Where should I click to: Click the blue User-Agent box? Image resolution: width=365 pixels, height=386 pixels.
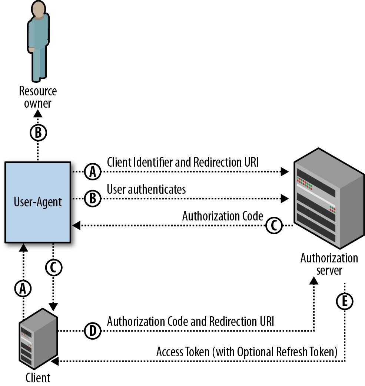coord(38,202)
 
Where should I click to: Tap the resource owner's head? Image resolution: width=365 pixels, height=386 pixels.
coord(38,9)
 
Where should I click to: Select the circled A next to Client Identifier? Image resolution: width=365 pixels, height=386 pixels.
coord(93,171)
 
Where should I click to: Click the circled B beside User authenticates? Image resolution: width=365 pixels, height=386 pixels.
coord(93,199)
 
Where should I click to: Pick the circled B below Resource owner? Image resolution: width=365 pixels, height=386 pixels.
coord(38,133)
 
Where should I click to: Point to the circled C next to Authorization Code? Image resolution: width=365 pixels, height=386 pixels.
coord(274,225)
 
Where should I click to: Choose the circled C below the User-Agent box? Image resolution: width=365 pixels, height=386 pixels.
coord(54,268)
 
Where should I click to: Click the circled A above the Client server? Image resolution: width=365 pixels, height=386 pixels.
coord(23,288)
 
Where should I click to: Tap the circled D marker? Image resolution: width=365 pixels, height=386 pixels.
coord(93,331)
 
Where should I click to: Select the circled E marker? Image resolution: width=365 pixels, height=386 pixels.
coord(345,301)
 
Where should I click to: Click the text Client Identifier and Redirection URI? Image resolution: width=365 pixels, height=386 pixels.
coord(183,162)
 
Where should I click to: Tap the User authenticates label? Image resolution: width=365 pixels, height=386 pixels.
coord(146,189)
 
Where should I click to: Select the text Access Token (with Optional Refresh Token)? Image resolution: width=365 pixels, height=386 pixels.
coord(247,352)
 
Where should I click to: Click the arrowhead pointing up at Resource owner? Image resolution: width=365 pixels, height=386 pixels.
coord(37,114)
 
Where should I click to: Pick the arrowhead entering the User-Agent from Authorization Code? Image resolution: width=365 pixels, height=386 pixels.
coord(76,225)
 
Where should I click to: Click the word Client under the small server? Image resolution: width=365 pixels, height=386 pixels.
coord(38,378)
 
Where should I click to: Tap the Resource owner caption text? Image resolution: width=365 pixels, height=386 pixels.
coord(38,97)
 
